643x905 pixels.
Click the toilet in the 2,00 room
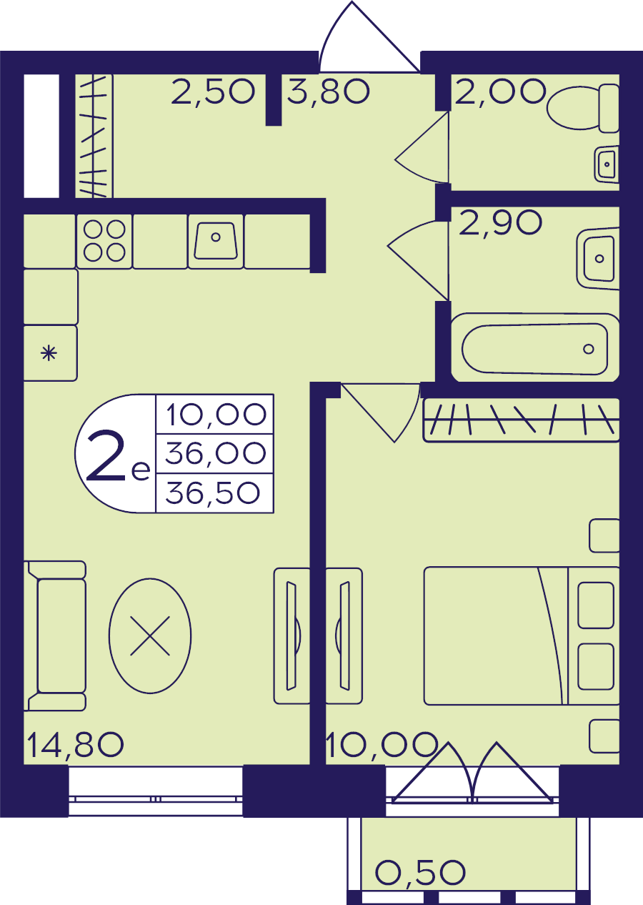coord(582,108)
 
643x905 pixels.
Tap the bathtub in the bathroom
coord(535,348)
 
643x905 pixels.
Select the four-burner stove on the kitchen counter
coord(104,241)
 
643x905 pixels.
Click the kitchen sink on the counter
coord(216,241)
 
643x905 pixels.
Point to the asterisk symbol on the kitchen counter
coord(49,353)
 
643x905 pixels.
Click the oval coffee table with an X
coord(150,636)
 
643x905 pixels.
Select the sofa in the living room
coord(55,636)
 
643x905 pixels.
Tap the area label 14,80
coord(76,745)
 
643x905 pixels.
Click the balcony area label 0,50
coord(421,872)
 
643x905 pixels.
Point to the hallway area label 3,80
coord(329,92)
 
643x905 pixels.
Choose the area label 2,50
coord(213,92)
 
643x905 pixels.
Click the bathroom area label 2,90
coord(500,222)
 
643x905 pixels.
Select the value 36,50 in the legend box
coord(213,493)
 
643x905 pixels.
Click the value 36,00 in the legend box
coord(216,453)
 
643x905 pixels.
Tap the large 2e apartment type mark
coord(118,456)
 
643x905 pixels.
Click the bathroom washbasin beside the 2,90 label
coord(598,259)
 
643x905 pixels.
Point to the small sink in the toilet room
coord(607,164)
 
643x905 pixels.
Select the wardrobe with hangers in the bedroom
coord(521,420)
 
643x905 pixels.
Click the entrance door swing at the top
coord(369,36)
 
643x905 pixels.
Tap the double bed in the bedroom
coord(522,636)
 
